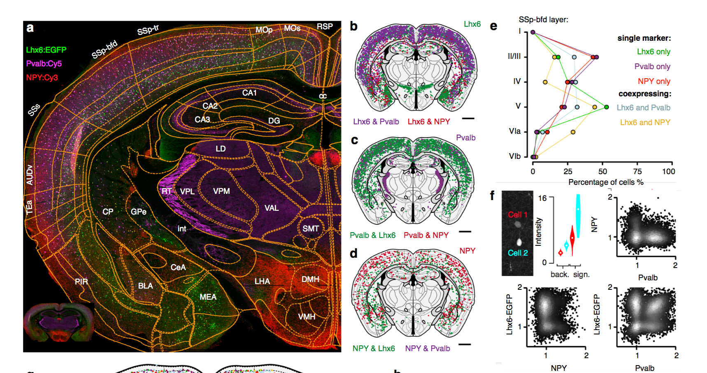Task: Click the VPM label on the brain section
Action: pos(221,191)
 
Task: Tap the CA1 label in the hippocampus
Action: pos(249,93)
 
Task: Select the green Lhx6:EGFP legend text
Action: pos(46,50)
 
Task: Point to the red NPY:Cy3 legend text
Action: pos(42,77)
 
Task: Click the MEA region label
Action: pos(208,297)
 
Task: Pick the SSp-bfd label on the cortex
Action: pos(105,49)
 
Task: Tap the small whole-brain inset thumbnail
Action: pos(58,322)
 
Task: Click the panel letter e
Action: pos(493,26)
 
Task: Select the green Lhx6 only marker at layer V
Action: pos(606,107)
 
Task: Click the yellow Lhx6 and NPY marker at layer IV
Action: pos(545,82)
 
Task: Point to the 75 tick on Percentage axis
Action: pos(637,171)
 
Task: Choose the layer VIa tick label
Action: pos(515,131)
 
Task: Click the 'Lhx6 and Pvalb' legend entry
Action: pos(643,107)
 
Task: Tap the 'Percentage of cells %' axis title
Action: pos(606,182)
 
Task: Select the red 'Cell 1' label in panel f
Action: pos(517,214)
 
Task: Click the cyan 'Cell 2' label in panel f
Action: pos(518,253)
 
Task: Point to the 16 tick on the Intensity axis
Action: pos(542,198)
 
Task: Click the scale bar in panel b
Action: pos(468,119)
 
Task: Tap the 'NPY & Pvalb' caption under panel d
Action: pos(428,348)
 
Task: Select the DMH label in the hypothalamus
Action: pos(310,279)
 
